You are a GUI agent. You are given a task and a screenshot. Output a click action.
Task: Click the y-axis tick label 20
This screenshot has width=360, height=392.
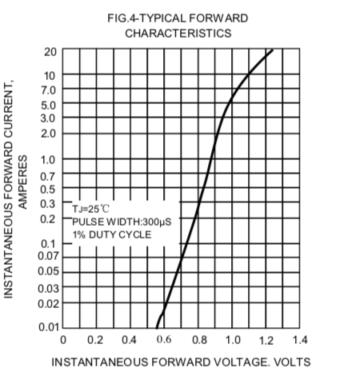[x=50, y=52]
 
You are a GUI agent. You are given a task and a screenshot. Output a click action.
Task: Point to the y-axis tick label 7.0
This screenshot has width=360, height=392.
[x=49, y=90]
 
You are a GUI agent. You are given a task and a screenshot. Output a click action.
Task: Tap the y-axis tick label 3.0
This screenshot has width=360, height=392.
[x=49, y=118]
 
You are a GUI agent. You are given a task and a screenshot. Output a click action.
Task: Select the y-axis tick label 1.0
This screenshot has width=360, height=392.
[x=49, y=158]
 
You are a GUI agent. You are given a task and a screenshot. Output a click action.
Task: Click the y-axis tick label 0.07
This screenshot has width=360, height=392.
[x=47, y=255]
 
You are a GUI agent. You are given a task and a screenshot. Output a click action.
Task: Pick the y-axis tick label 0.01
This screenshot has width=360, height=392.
[x=47, y=327]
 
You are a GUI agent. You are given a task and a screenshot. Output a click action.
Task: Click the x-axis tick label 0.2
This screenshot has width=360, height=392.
[x=94, y=341]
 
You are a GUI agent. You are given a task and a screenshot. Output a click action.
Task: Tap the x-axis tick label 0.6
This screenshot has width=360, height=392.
[x=163, y=341]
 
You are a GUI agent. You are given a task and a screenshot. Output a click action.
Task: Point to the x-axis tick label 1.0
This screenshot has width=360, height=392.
[x=232, y=341]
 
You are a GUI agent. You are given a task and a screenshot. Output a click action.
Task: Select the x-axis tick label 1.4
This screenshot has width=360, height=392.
[x=300, y=341]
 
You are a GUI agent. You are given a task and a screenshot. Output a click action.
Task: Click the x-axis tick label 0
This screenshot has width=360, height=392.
[x=62, y=341]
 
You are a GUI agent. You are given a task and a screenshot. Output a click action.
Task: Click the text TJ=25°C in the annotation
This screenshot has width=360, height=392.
[x=91, y=208]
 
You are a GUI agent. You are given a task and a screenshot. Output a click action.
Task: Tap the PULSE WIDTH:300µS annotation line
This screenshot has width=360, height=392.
[x=122, y=221]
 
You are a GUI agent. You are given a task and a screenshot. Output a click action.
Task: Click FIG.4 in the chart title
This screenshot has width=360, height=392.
[x=124, y=18]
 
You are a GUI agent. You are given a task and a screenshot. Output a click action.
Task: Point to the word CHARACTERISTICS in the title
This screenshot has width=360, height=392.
[x=178, y=33]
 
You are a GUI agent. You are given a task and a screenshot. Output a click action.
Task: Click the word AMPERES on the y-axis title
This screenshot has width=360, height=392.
[x=23, y=182]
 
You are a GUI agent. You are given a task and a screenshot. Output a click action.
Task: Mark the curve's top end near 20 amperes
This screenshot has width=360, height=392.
[x=272, y=50]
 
